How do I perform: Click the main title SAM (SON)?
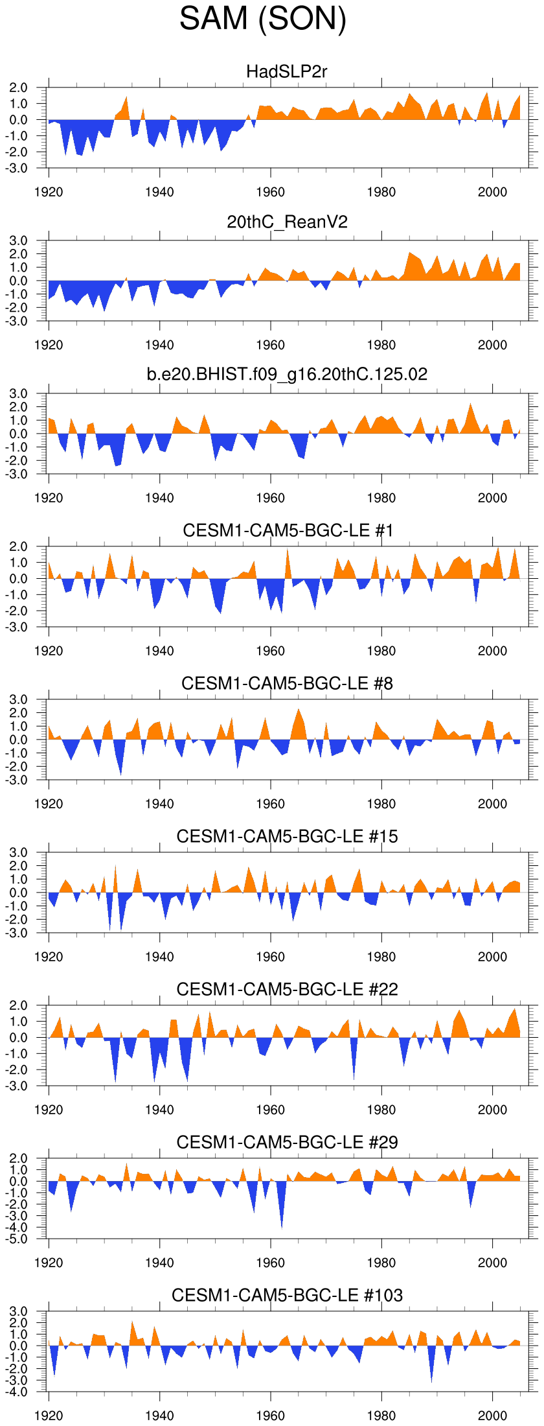[x=263, y=19]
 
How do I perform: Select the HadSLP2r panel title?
[x=287, y=71]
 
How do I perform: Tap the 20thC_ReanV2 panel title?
[x=287, y=222]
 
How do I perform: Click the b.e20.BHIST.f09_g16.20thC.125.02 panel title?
[x=287, y=375]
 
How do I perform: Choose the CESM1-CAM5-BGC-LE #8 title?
[x=287, y=683]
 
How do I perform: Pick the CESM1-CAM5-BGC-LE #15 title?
[x=287, y=836]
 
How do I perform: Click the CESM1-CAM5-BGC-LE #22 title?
[x=287, y=989]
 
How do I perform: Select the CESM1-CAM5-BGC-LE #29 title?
[x=287, y=1142]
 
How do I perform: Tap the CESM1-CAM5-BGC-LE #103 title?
[x=287, y=1295]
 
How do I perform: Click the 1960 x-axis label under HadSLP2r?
[x=270, y=192]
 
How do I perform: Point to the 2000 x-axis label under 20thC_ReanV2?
[x=492, y=345]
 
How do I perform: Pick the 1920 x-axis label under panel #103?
[x=49, y=1416]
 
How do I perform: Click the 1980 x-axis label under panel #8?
[x=381, y=804]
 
